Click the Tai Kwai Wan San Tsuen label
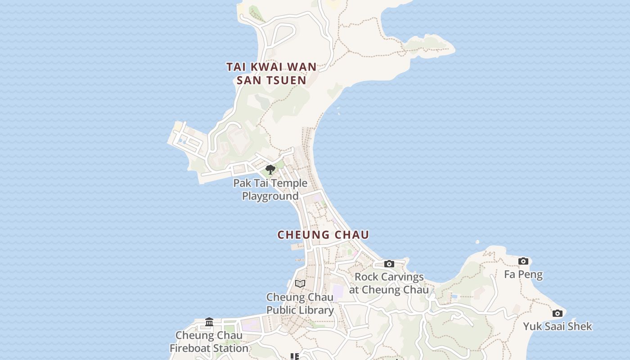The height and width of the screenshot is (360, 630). [x=271, y=73]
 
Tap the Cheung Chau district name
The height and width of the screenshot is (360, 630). [x=323, y=235]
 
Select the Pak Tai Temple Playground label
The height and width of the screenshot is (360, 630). [x=270, y=189]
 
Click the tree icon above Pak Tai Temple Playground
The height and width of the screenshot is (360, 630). [x=270, y=170]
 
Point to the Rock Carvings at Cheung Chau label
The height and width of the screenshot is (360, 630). [x=389, y=283]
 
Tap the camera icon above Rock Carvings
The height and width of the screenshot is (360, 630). [x=389, y=264]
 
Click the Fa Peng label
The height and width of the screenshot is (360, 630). [x=523, y=274]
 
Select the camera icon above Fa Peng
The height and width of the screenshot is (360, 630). [x=523, y=261]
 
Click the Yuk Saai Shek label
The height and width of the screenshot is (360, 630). [x=558, y=326]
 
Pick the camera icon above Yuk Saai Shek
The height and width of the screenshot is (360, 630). [x=558, y=313]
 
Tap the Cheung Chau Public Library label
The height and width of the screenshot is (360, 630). [x=300, y=303]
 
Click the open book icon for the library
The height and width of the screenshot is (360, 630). [x=300, y=283]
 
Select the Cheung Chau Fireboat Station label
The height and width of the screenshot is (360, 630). [x=209, y=342]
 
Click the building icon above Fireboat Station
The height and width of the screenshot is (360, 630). [x=209, y=322]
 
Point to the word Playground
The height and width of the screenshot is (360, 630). [x=270, y=196]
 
